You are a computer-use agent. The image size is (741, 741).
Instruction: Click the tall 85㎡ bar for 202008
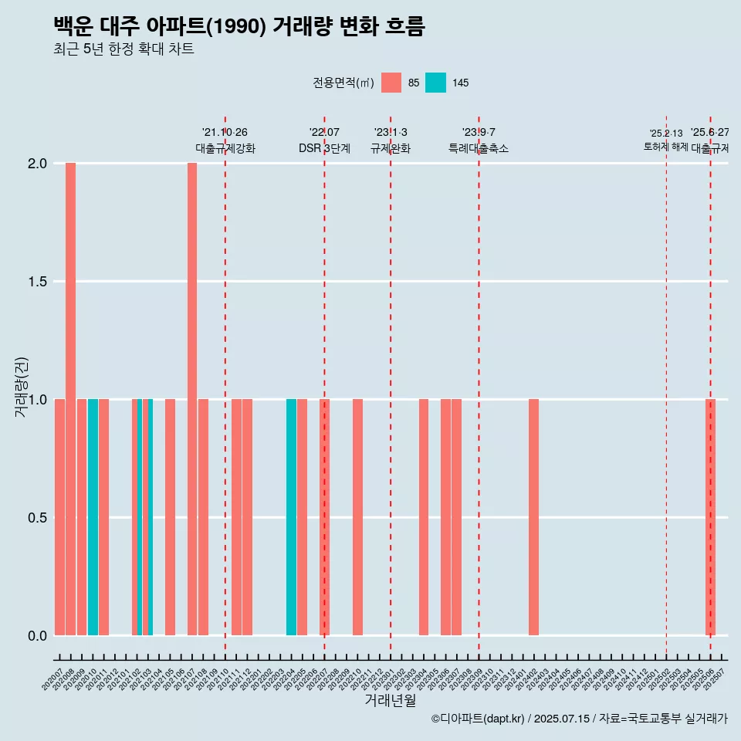pos(70,399)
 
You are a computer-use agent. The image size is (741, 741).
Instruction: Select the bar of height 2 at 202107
pos(192,399)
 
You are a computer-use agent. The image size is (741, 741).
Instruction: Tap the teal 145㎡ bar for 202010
pos(93,517)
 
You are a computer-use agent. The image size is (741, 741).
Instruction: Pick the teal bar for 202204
pos(291,517)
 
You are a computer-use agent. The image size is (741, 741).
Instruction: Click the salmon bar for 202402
pos(533,517)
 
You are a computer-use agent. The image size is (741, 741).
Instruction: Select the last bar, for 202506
pos(710,517)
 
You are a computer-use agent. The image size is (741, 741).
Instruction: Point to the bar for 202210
pos(357,517)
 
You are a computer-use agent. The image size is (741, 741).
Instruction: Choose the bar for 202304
pos(424,517)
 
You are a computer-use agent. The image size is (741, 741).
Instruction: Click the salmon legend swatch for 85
pos(391,83)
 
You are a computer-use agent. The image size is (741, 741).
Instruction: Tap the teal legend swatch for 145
pos(435,83)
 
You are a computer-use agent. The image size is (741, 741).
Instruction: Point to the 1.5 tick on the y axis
pos(38,282)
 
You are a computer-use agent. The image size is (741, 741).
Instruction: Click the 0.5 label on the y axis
pos(38,517)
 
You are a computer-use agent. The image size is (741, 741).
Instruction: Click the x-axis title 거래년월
pos(390,701)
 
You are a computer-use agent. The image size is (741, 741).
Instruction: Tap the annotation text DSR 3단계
pos(324,148)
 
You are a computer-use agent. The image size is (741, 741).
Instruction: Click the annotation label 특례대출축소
pos(479,148)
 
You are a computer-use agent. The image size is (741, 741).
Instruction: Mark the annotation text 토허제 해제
pos(665,147)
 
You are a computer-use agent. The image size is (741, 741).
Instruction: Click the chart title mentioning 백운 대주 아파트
pos(239,26)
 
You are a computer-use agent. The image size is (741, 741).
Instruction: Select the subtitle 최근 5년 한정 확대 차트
pos(123,49)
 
